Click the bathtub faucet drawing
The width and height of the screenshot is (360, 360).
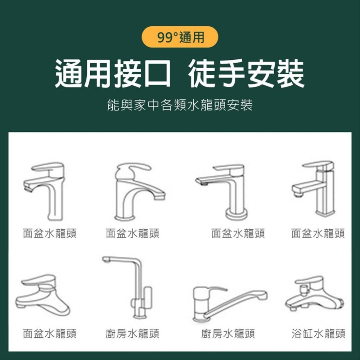[x=314, y=293]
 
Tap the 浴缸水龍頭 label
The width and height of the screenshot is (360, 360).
[x=318, y=334]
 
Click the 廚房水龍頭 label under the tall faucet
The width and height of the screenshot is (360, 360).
[x=132, y=334]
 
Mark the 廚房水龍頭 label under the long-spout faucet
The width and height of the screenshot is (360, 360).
[x=228, y=334]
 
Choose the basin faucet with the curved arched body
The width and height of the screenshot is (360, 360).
[x=137, y=191]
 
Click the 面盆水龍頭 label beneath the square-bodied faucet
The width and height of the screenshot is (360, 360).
[x=318, y=234]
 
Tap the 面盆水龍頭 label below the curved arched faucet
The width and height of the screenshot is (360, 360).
[x=132, y=234]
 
